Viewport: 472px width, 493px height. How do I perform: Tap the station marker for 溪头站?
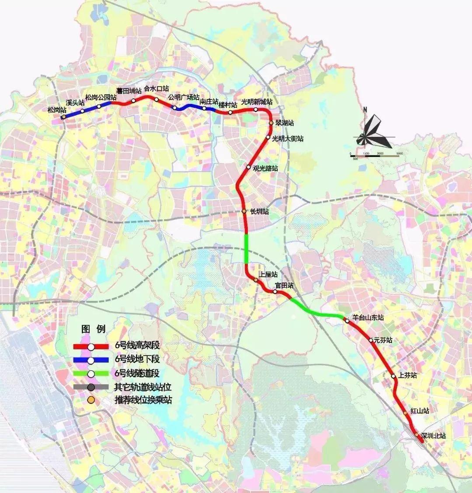click(82, 111)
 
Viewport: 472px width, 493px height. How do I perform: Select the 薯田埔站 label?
click(129, 91)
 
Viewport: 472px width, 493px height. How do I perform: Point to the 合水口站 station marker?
click(156, 100)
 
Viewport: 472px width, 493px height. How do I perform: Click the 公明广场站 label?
click(184, 97)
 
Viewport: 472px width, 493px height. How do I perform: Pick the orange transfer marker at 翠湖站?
click(271, 123)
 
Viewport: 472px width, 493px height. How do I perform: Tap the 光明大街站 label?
click(287, 139)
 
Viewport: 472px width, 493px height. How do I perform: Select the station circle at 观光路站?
click(248, 167)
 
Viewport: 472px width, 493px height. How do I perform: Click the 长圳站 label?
click(259, 212)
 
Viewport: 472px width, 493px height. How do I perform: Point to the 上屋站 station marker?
click(256, 280)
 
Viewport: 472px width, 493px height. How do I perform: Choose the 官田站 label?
click(284, 285)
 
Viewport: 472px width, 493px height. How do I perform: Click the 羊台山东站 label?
click(368, 318)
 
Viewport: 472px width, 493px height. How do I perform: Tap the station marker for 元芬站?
click(371, 340)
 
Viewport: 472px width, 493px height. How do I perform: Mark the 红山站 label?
click(420, 411)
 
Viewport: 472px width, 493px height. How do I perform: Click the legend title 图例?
click(93, 329)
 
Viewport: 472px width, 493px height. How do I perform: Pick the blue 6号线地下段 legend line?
click(91, 360)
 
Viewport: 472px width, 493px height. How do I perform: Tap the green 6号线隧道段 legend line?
click(91, 374)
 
